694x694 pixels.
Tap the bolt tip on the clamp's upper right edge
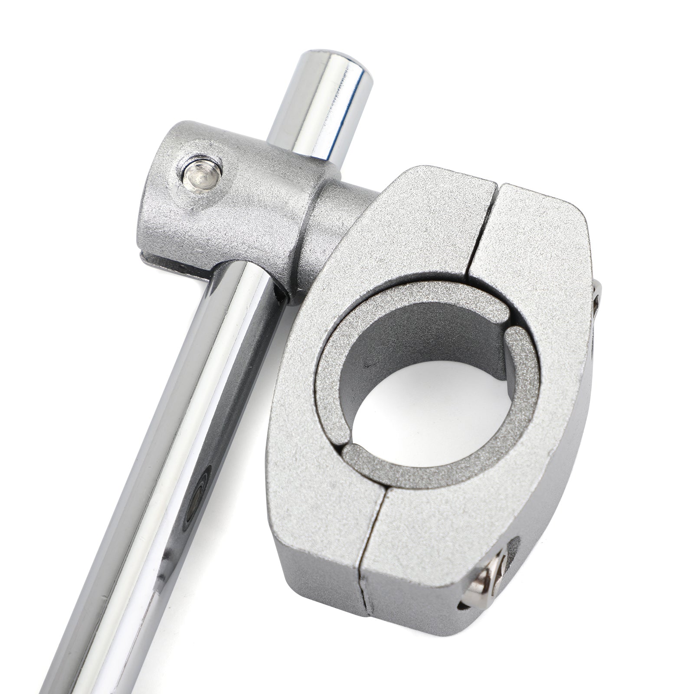[596, 295]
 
